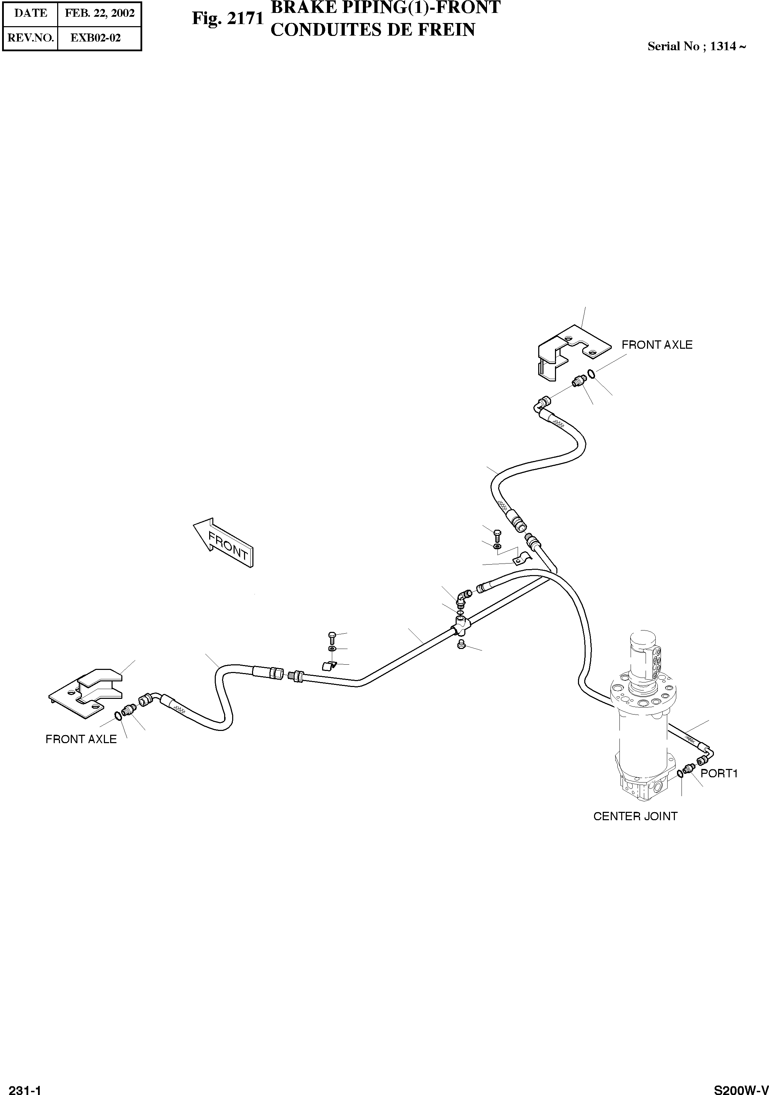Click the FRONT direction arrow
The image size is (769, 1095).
(223, 543)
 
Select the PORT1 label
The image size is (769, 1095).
(719, 773)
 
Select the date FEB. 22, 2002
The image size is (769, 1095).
(100, 13)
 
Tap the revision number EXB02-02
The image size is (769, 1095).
(96, 38)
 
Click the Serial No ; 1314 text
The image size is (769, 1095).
(696, 46)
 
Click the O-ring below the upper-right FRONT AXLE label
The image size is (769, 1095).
(591, 374)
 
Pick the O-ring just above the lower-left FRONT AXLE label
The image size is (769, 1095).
(117, 715)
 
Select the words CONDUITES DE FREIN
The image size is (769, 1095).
(373, 30)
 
